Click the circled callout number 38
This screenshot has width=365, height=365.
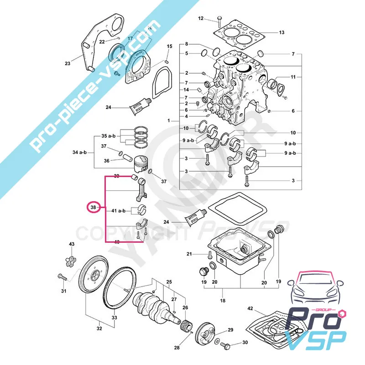pyautogui.click(x=94, y=208)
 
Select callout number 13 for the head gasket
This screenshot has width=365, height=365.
pyautogui.click(x=282, y=32)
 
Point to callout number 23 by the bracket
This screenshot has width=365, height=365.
pyautogui.click(x=68, y=63)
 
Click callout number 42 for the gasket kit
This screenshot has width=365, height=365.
pyautogui.click(x=250, y=309)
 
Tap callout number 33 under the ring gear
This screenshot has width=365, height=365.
pyautogui.click(x=114, y=318)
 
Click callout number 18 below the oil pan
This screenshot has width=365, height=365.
pyautogui.click(x=223, y=301)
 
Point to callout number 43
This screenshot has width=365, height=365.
pyautogui.click(x=72, y=245)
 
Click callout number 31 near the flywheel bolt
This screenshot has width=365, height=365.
pyautogui.click(x=64, y=291)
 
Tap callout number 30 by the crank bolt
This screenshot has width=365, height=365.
pyautogui.click(x=245, y=342)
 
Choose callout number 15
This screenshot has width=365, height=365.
pyautogui.click(x=169, y=47)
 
